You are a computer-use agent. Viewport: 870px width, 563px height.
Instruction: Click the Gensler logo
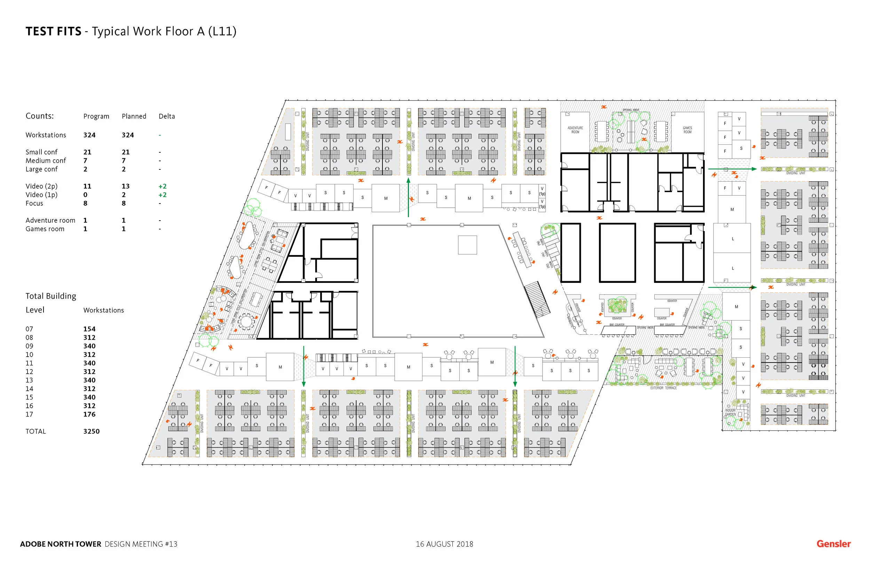[833, 544]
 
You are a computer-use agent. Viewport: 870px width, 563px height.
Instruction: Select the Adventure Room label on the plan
[575, 130]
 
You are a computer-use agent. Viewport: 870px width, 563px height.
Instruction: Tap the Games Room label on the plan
[687, 130]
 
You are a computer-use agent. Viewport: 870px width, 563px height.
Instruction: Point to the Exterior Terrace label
[664, 388]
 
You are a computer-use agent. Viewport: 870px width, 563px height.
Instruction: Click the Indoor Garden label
[730, 412]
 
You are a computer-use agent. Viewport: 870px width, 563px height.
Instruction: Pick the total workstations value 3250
[92, 431]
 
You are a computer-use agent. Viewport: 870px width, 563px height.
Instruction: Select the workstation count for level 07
[89, 329]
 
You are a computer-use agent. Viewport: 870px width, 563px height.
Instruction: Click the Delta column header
[167, 116]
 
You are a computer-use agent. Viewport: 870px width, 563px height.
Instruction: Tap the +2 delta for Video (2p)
[162, 186]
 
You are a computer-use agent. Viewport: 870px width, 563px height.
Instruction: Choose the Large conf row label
[41, 169]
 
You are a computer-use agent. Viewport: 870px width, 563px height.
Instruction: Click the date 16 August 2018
[444, 544]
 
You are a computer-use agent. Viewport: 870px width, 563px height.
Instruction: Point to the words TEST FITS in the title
[53, 31]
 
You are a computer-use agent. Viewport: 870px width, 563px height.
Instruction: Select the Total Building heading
[51, 296]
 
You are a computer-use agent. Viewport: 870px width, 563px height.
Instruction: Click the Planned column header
[134, 116]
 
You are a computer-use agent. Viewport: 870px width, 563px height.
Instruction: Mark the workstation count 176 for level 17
[89, 414]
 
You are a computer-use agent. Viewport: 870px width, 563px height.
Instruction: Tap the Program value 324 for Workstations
[89, 135]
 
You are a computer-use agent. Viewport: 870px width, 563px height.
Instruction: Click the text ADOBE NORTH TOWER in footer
[60, 544]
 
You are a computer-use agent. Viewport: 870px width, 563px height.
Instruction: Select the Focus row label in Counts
[34, 203]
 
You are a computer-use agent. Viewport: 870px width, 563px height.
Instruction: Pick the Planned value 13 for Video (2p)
[125, 186]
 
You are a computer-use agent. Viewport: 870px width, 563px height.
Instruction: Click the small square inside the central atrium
[467, 245]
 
